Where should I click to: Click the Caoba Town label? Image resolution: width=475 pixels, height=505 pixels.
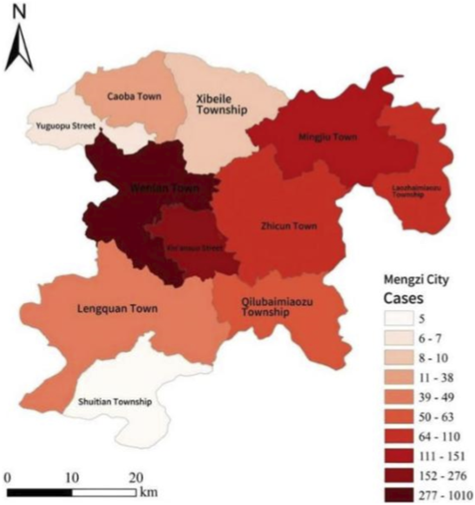(x=127, y=96)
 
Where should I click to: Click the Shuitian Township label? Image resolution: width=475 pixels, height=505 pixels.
(x=115, y=402)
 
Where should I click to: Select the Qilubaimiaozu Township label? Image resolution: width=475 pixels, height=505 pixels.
(x=276, y=307)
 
